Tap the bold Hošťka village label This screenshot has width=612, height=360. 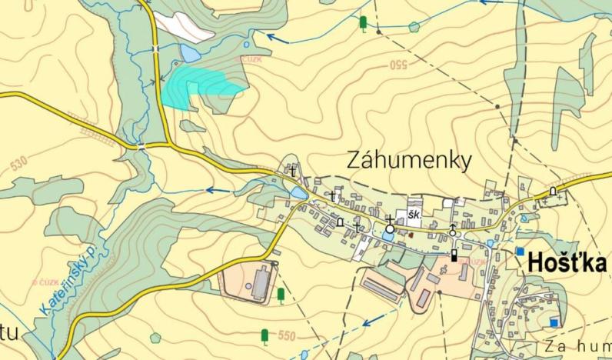567,263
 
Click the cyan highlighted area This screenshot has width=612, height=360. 198,85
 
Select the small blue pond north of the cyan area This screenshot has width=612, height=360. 188,53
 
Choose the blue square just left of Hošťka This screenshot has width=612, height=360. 521,252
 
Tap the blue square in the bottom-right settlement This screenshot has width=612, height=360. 554,321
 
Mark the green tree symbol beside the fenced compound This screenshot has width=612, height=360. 281,295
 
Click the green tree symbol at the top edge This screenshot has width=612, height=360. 363,24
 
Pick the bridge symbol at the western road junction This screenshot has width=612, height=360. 141,145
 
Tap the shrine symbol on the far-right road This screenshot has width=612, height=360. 553,192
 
